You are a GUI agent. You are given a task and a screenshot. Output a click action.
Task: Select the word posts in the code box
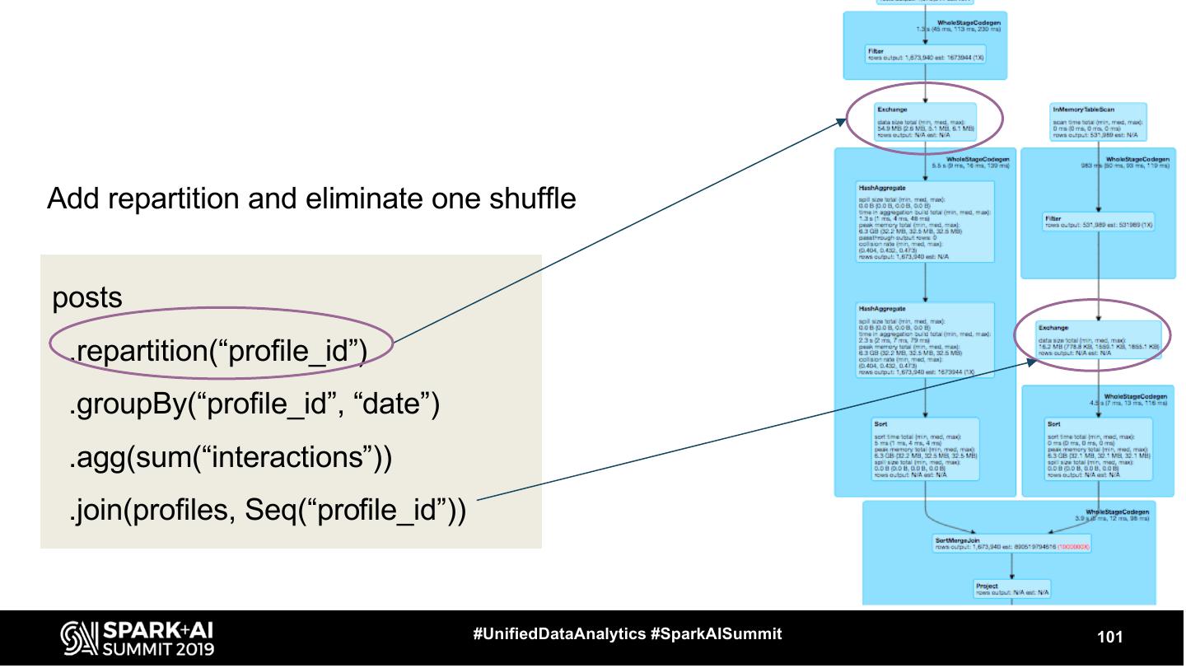[88, 298]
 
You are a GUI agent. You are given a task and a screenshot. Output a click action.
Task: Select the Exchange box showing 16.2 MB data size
[1099, 339]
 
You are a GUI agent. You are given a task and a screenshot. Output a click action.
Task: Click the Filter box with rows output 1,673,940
[925, 55]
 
